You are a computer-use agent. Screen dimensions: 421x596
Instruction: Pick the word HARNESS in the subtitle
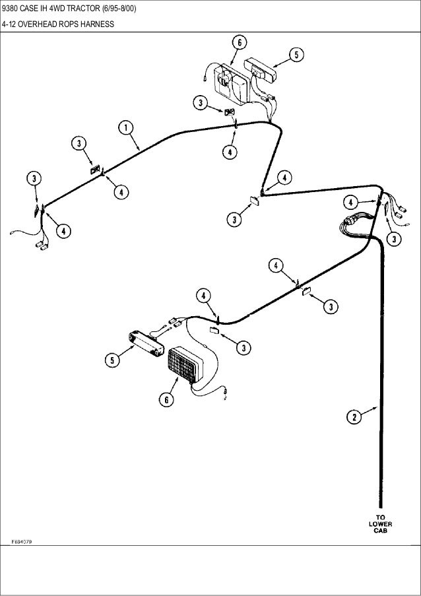click(98, 24)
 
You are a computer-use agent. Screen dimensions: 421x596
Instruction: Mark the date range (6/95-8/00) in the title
click(119, 9)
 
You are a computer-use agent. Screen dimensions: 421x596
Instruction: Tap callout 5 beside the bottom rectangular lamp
click(112, 360)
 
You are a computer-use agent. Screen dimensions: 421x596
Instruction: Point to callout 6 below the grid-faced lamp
click(166, 399)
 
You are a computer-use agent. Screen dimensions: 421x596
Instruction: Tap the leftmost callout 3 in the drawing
click(33, 178)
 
